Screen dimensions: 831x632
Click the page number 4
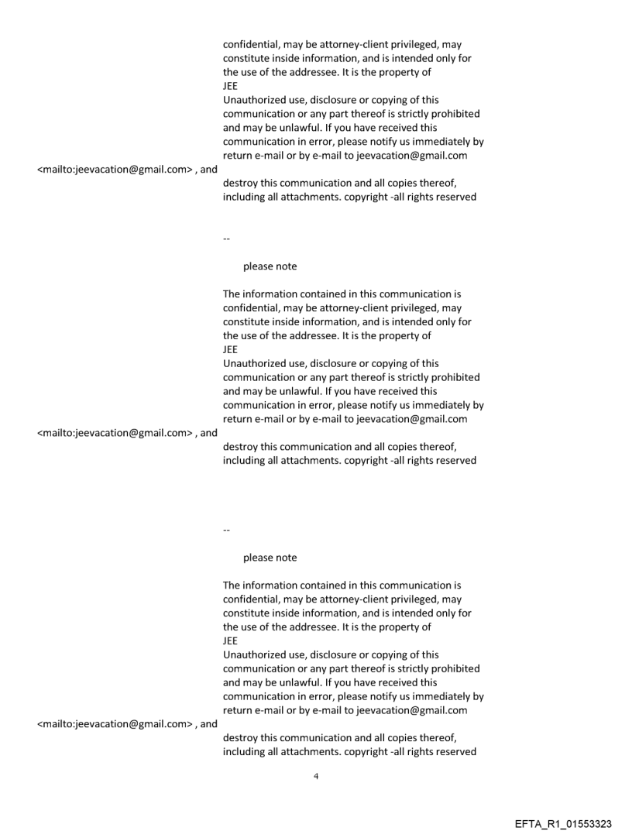(x=315, y=776)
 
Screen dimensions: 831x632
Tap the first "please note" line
(x=270, y=266)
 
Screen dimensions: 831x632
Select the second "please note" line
(x=270, y=558)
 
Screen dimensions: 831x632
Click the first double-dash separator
(x=226, y=239)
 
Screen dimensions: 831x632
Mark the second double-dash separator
(x=226, y=530)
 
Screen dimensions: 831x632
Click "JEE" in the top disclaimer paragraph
(x=230, y=86)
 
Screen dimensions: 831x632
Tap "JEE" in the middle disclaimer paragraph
(x=230, y=349)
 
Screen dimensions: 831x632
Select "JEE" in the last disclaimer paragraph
(x=230, y=640)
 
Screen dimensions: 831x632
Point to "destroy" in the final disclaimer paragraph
(x=242, y=738)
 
